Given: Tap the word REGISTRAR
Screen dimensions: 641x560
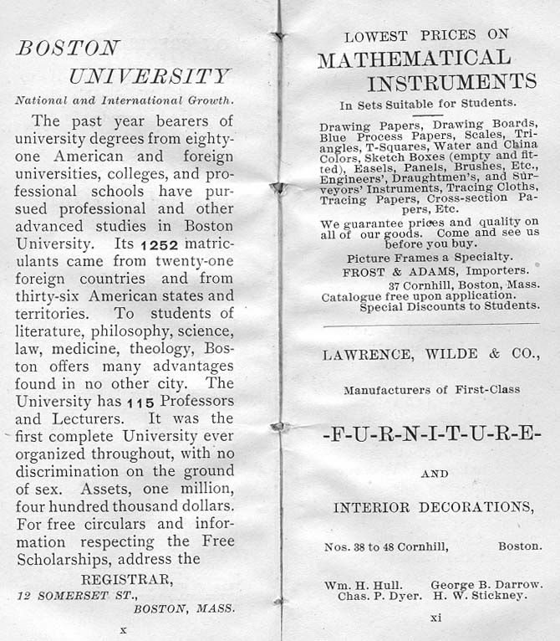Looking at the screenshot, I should [x=127, y=578].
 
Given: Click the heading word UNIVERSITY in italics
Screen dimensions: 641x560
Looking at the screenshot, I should [x=149, y=77].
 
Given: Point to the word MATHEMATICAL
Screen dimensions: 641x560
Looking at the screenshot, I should [x=414, y=59].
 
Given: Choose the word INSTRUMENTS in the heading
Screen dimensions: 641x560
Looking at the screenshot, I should [x=451, y=82].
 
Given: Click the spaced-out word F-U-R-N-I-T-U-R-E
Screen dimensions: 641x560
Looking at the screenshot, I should [x=431, y=436].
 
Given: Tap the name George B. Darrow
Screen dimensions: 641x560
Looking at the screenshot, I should [x=486, y=584].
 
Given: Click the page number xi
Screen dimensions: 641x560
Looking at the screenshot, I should [x=435, y=618].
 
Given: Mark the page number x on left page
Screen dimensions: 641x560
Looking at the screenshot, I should [x=123, y=629].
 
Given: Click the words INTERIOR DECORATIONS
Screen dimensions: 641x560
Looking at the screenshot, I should [x=433, y=507].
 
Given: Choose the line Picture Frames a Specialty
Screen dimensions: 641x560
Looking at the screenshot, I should [x=430, y=257].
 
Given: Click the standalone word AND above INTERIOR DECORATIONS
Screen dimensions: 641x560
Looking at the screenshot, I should [x=434, y=474].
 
